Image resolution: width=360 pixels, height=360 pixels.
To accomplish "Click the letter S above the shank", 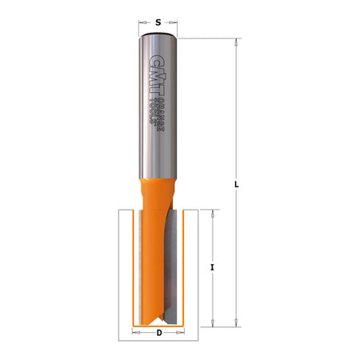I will (x=158, y=22).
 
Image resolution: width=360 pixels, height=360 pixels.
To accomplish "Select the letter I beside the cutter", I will (x=212, y=266).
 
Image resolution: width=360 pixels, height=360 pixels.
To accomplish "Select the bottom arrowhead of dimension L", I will (x=238, y=322).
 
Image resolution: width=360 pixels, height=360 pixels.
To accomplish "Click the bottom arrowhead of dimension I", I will (x=212, y=322).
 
